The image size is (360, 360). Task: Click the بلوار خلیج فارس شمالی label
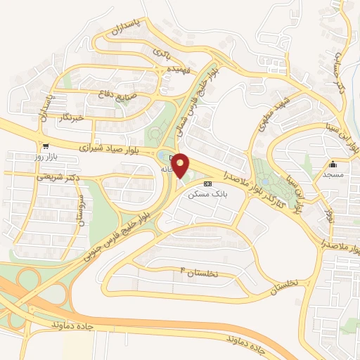[196, 103]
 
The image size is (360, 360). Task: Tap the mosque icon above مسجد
[333, 164]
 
